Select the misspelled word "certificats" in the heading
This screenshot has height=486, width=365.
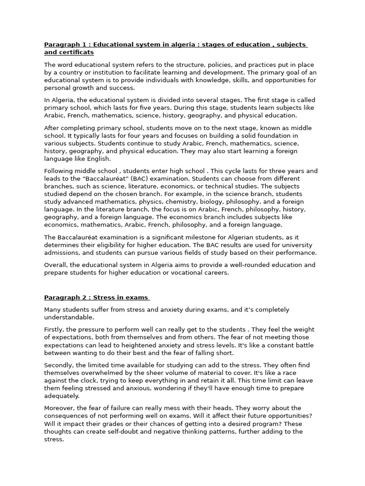[x=77, y=52]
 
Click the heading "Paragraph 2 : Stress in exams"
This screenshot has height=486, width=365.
[x=96, y=298]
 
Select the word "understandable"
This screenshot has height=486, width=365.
[x=69, y=317]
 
